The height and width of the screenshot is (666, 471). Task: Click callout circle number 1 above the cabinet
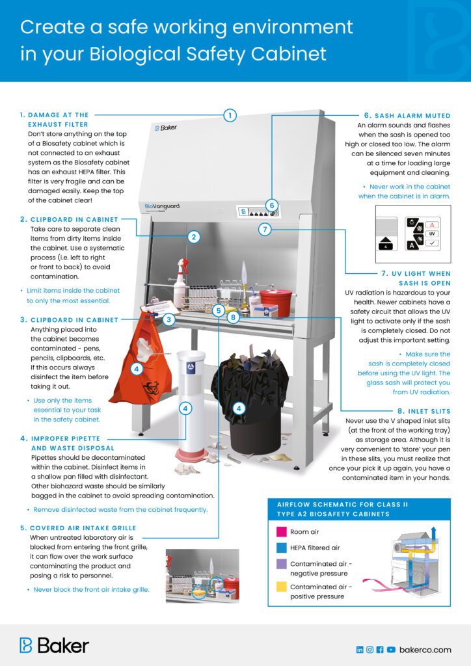230,116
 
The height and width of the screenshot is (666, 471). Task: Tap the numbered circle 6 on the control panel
272,205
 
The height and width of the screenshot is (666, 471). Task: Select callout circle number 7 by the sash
264,229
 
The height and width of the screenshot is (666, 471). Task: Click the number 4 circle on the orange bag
137,369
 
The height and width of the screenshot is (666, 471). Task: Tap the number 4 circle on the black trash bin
239,408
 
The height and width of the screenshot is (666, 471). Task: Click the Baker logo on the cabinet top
166,127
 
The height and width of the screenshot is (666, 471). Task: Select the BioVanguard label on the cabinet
162,206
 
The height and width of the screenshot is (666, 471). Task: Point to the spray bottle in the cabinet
180,283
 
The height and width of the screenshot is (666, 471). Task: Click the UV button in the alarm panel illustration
431,233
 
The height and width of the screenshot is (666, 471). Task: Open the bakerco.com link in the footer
425,649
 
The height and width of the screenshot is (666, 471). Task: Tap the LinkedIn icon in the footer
360,649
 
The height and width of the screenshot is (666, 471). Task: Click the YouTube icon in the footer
391,649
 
